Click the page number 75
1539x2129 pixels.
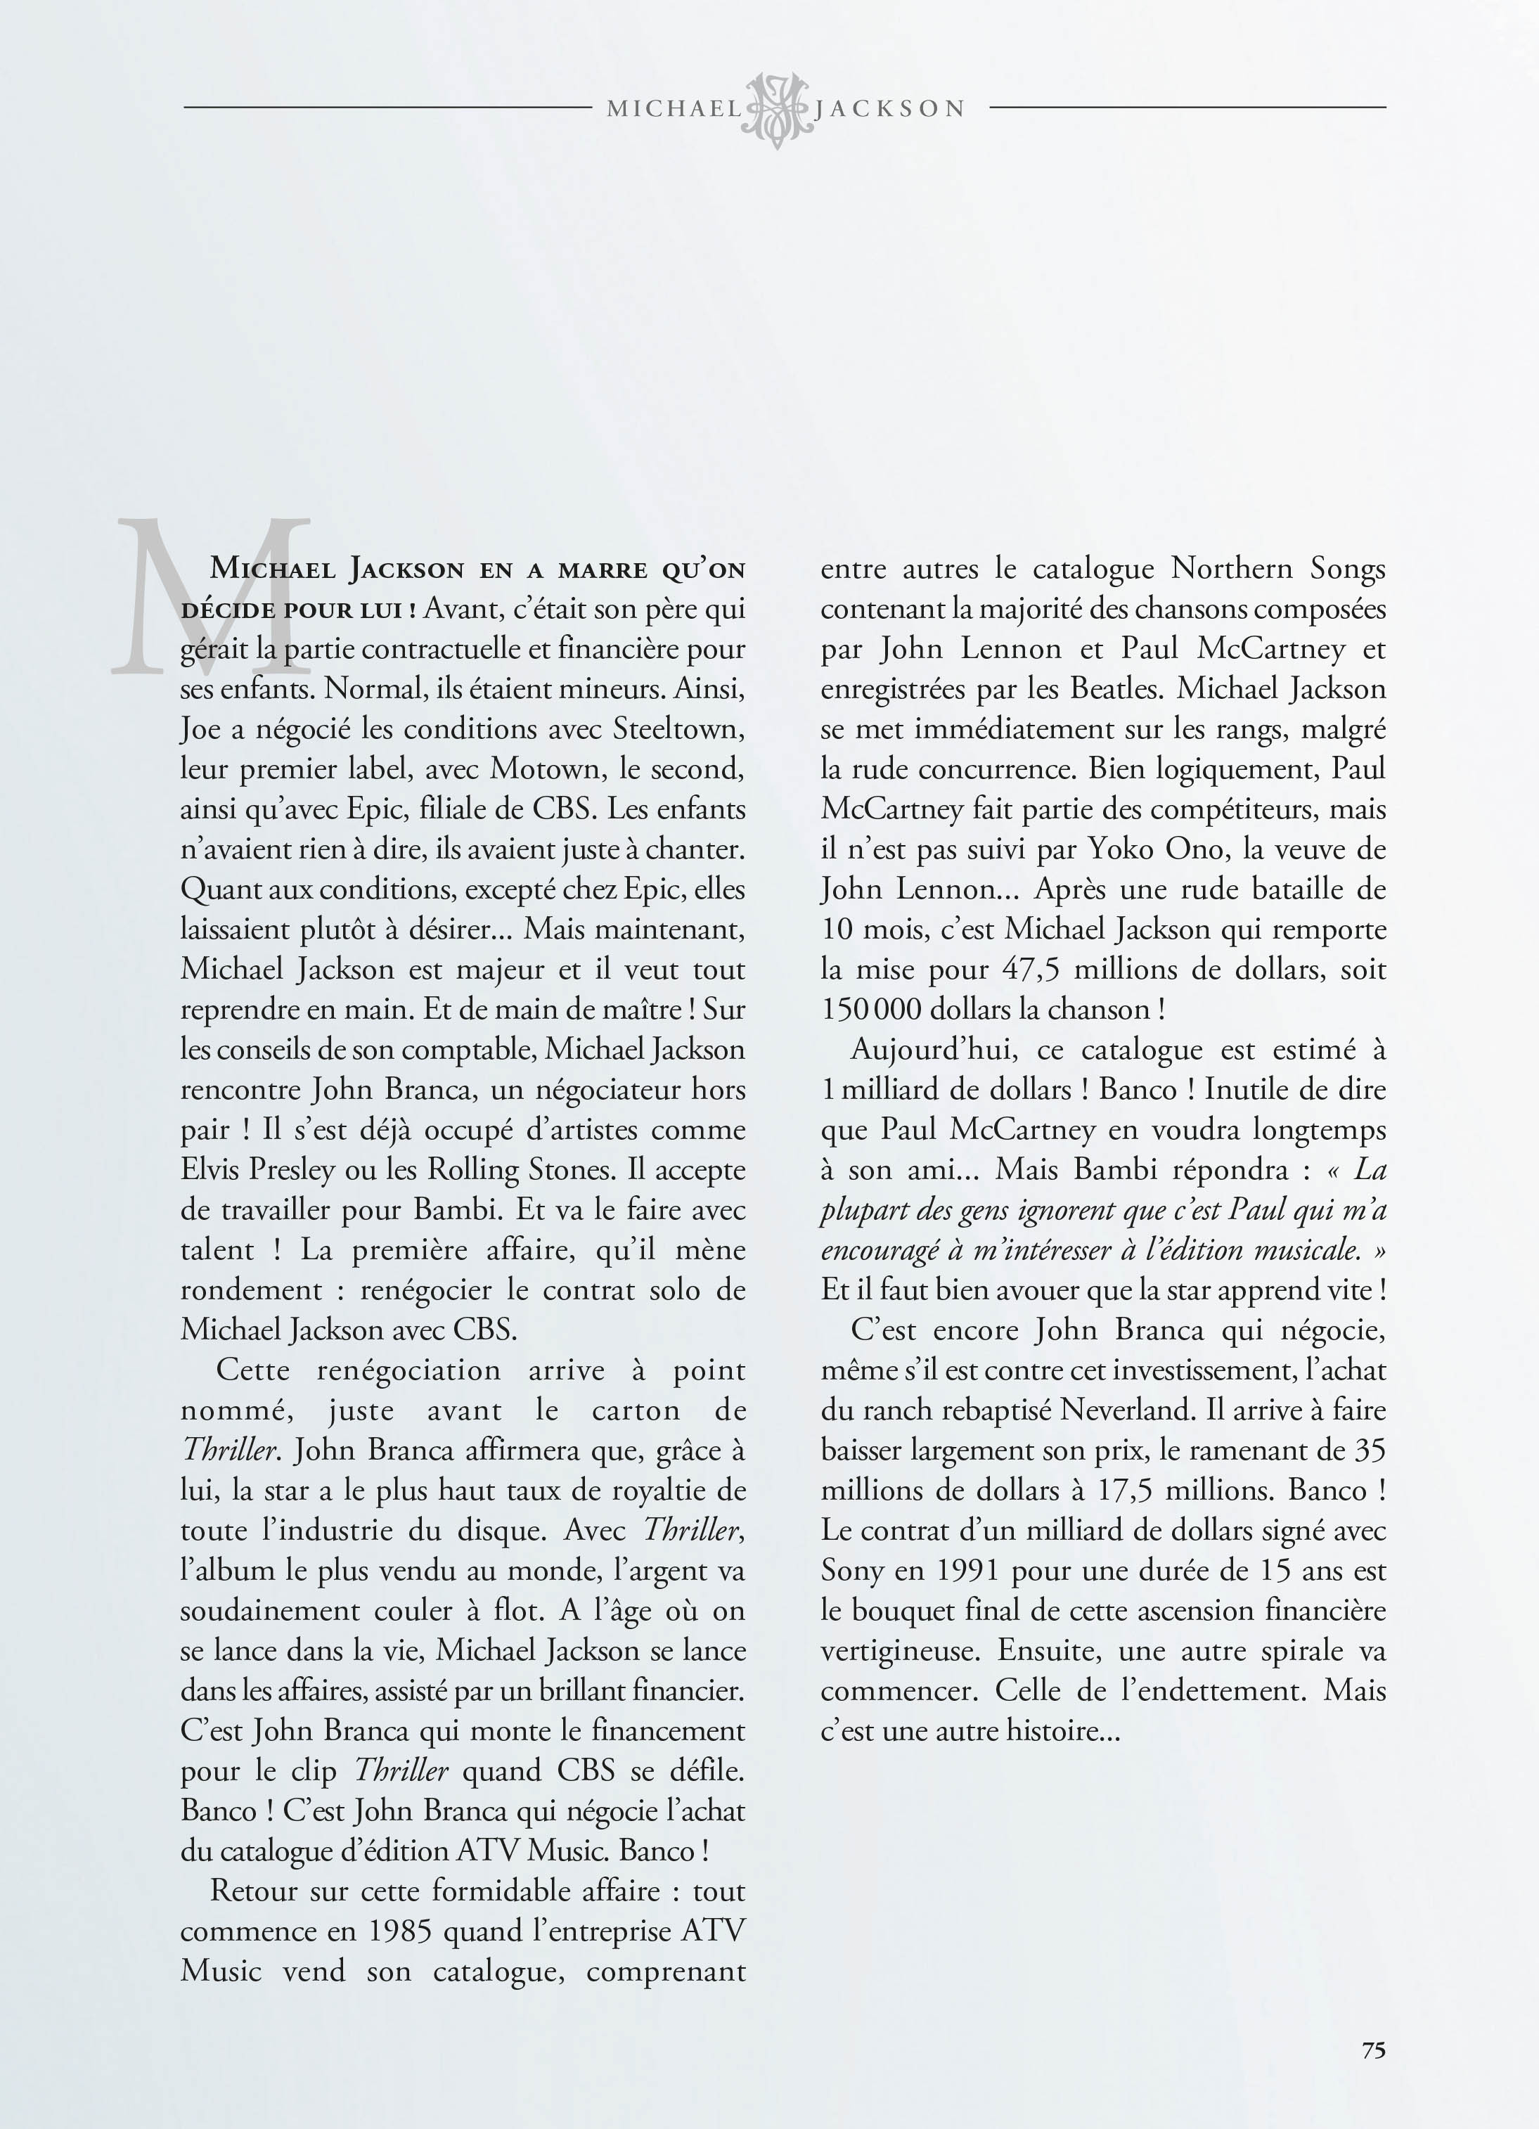pos(1373,2050)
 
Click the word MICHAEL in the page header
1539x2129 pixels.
pos(674,109)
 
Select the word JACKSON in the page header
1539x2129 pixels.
pos(889,109)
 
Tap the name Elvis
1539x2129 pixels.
pos(211,1171)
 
